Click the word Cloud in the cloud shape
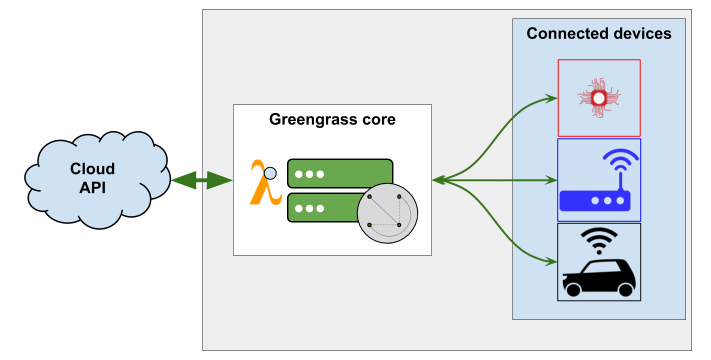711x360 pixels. click(x=92, y=169)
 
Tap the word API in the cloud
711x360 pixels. click(x=92, y=188)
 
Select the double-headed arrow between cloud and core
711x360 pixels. click(x=201, y=180)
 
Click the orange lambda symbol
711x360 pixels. click(x=263, y=184)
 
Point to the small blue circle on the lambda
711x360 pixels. click(x=270, y=173)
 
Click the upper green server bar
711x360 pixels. click(x=340, y=173)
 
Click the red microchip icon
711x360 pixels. click(x=598, y=98)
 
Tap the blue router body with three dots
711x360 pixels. click(x=595, y=200)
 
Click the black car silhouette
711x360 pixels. click(x=598, y=277)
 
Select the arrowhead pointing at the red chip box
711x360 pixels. click(x=552, y=98)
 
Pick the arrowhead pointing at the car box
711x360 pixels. click(x=552, y=261)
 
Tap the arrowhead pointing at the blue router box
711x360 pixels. click(x=552, y=180)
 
